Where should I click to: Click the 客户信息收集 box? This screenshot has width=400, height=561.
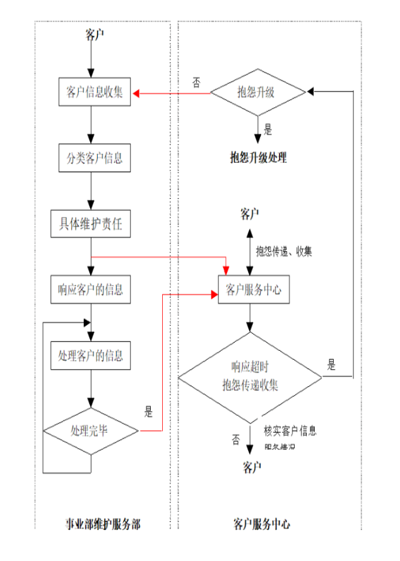pos(91,93)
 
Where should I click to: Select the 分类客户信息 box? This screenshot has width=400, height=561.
pos(91,158)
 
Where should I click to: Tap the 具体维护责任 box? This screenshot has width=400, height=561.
pos(91,223)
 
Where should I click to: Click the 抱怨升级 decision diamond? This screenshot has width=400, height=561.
pos(258,93)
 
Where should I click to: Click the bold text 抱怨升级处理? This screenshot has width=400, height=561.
pos(258,158)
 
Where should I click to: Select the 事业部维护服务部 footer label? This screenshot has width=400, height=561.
pos(103,523)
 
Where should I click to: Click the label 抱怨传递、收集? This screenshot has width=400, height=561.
pos(284,251)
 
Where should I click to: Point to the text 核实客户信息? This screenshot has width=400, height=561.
pos(290,431)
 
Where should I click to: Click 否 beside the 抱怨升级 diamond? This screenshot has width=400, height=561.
pos(196,81)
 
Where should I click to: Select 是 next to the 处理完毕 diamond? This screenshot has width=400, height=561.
pos(149,414)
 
